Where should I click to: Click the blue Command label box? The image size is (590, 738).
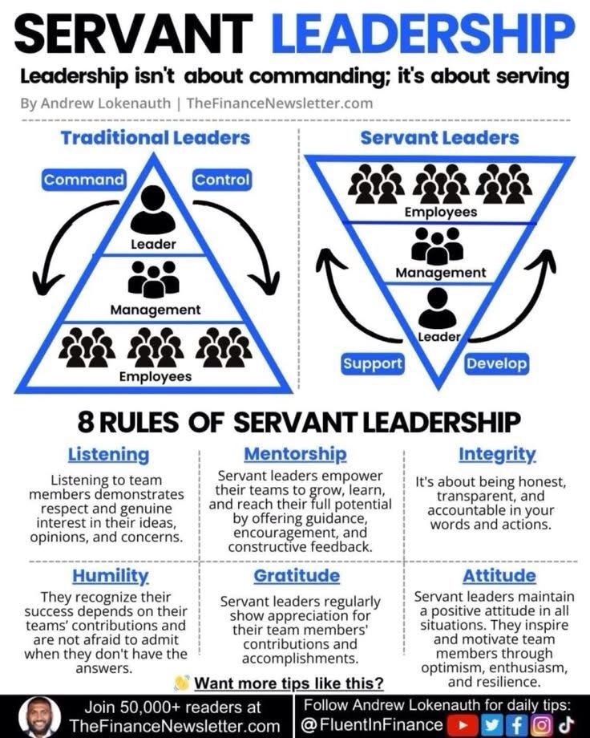tap(84, 180)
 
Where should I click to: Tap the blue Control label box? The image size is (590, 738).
tap(222, 180)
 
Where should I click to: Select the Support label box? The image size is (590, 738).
tap(373, 363)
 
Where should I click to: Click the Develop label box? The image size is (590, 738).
tap(497, 363)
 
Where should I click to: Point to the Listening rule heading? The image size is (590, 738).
tap(108, 455)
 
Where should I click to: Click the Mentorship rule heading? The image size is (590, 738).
tap(295, 454)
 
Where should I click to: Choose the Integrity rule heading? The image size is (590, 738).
tap(497, 454)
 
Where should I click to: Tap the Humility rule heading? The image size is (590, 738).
tap(111, 576)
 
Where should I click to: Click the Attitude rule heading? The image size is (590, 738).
tap(499, 576)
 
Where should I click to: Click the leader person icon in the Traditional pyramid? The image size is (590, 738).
tap(152, 210)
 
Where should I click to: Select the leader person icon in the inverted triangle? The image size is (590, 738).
tap(437, 306)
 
